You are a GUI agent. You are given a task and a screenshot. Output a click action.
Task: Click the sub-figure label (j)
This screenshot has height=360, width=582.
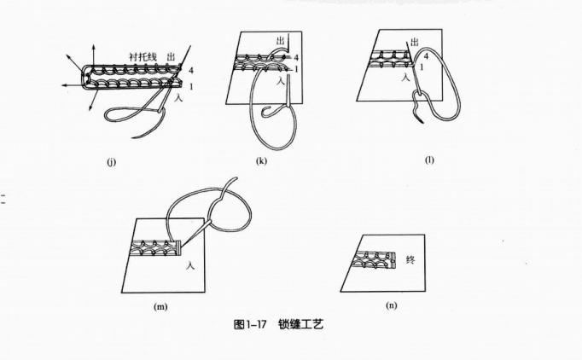tap(111, 162)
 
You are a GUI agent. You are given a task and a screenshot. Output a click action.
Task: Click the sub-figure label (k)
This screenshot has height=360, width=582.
tap(261, 160)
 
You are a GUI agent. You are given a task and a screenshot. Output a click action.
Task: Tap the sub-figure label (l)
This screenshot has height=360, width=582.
tap(429, 160)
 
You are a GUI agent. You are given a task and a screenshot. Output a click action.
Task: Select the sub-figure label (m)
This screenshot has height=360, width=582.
tap(160, 306)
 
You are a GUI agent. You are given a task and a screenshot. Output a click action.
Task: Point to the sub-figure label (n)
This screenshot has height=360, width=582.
tap(391, 305)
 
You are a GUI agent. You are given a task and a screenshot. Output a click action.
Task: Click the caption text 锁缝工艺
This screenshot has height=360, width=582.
tap(300, 324)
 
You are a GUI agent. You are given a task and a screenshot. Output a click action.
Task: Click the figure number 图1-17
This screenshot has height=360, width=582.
tap(250, 324)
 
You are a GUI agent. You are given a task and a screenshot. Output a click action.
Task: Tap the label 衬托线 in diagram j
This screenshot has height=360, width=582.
tap(143, 57)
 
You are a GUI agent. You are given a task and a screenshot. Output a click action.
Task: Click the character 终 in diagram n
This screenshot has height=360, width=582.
tap(410, 259)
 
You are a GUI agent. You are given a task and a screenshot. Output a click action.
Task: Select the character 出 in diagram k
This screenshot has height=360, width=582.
tap(281, 40)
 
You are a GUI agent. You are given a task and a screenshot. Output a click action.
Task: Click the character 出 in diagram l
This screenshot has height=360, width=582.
tap(414, 42)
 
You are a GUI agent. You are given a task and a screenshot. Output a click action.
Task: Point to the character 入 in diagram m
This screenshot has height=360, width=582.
tap(191, 265)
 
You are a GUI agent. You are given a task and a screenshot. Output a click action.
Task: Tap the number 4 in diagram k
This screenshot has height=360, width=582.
tap(296, 57)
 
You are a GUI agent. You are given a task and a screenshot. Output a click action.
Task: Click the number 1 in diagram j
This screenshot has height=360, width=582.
tap(191, 87)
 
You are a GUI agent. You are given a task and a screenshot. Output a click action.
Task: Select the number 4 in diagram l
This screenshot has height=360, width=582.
tap(426, 56)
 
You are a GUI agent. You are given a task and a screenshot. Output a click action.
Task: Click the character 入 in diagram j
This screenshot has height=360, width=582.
tap(179, 98)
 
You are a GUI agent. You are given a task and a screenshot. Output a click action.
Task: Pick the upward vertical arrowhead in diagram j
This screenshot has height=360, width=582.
tap(93, 47)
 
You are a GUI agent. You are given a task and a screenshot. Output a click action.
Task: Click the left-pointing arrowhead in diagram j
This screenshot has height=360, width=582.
tap(65, 85)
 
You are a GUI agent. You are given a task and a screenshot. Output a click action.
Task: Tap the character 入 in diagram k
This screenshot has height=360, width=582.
tap(281, 81)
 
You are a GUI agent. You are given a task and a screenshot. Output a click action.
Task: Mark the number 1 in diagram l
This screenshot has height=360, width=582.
tap(422, 68)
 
